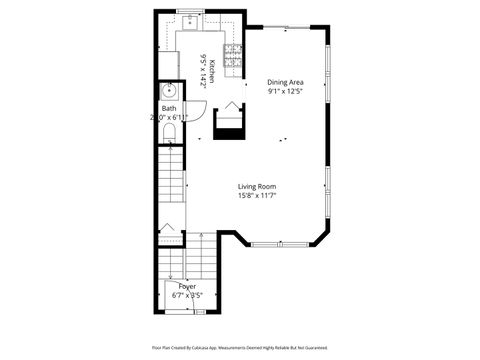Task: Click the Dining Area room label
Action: pyautogui.click(x=285, y=82)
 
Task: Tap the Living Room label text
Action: pyautogui.click(x=257, y=186)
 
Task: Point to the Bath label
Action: pyautogui.click(x=169, y=108)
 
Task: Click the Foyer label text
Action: pyautogui.click(x=187, y=287)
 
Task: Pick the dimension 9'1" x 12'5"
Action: pyautogui.click(x=285, y=92)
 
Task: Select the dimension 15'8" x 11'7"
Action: pyautogui.click(x=257, y=196)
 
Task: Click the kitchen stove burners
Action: pyautogui.click(x=233, y=59)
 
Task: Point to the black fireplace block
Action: pyautogui.click(x=231, y=123)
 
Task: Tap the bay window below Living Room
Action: pyautogui.click(x=268, y=244)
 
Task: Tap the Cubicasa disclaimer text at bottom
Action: pyautogui.click(x=240, y=347)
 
